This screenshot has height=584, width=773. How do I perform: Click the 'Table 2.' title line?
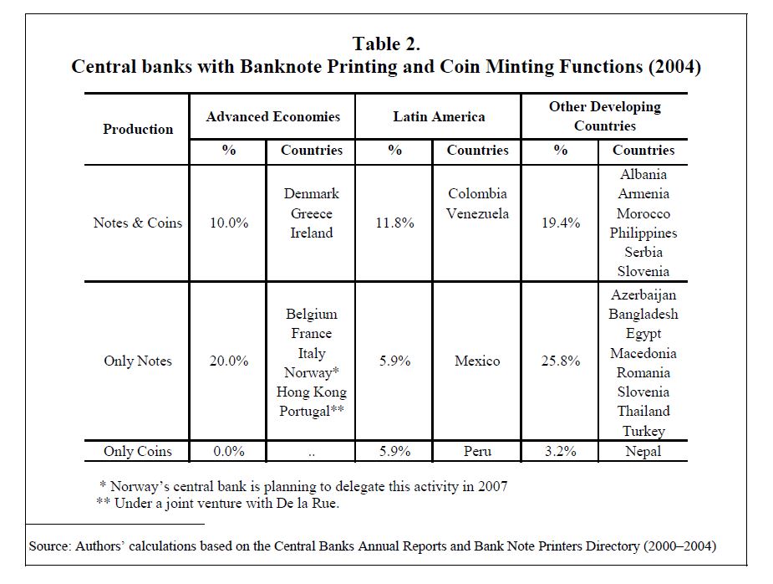pos(386,44)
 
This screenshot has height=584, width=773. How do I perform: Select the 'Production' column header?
pos(138,130)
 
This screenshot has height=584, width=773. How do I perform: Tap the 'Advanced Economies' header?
pos(273,116)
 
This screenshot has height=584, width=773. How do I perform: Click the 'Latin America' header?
pos(439,116)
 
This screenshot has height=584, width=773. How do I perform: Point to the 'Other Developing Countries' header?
pos(605,116)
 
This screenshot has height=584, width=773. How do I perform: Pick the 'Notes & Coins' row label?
pos(138,223)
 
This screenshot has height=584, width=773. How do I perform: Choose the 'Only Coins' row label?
pos(138,451)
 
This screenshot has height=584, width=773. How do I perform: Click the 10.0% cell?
pos(229,223)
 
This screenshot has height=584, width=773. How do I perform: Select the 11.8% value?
pos(394,223)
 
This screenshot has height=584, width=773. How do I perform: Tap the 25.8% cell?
pos(561,361)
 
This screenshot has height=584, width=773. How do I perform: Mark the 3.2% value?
pos(561,451)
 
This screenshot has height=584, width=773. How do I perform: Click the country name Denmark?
pos(312,193)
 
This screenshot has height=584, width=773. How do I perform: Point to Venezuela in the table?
pos(477,213)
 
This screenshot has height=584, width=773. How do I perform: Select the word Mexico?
pos(477,361)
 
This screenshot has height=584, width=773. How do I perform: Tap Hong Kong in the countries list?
pos(312,392)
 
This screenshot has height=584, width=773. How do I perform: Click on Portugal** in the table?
pos(312,411)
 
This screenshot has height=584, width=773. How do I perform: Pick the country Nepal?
pos(643,451)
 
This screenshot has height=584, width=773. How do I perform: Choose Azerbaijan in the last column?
pos(643,295)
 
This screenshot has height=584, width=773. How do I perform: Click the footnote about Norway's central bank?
pos(303,486)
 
